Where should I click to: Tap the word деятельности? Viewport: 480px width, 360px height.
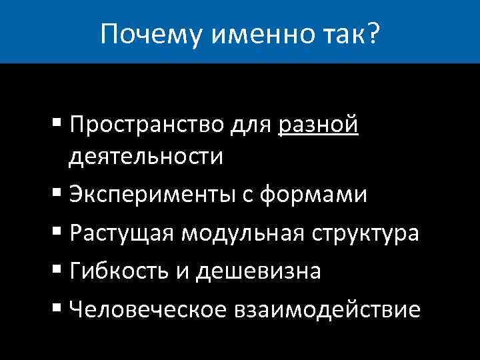click(145, 157)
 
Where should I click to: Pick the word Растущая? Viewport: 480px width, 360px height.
click(122, 233)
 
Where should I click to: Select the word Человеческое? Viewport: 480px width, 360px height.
click(145, 309)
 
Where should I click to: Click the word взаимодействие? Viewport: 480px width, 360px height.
click(326, 309)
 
